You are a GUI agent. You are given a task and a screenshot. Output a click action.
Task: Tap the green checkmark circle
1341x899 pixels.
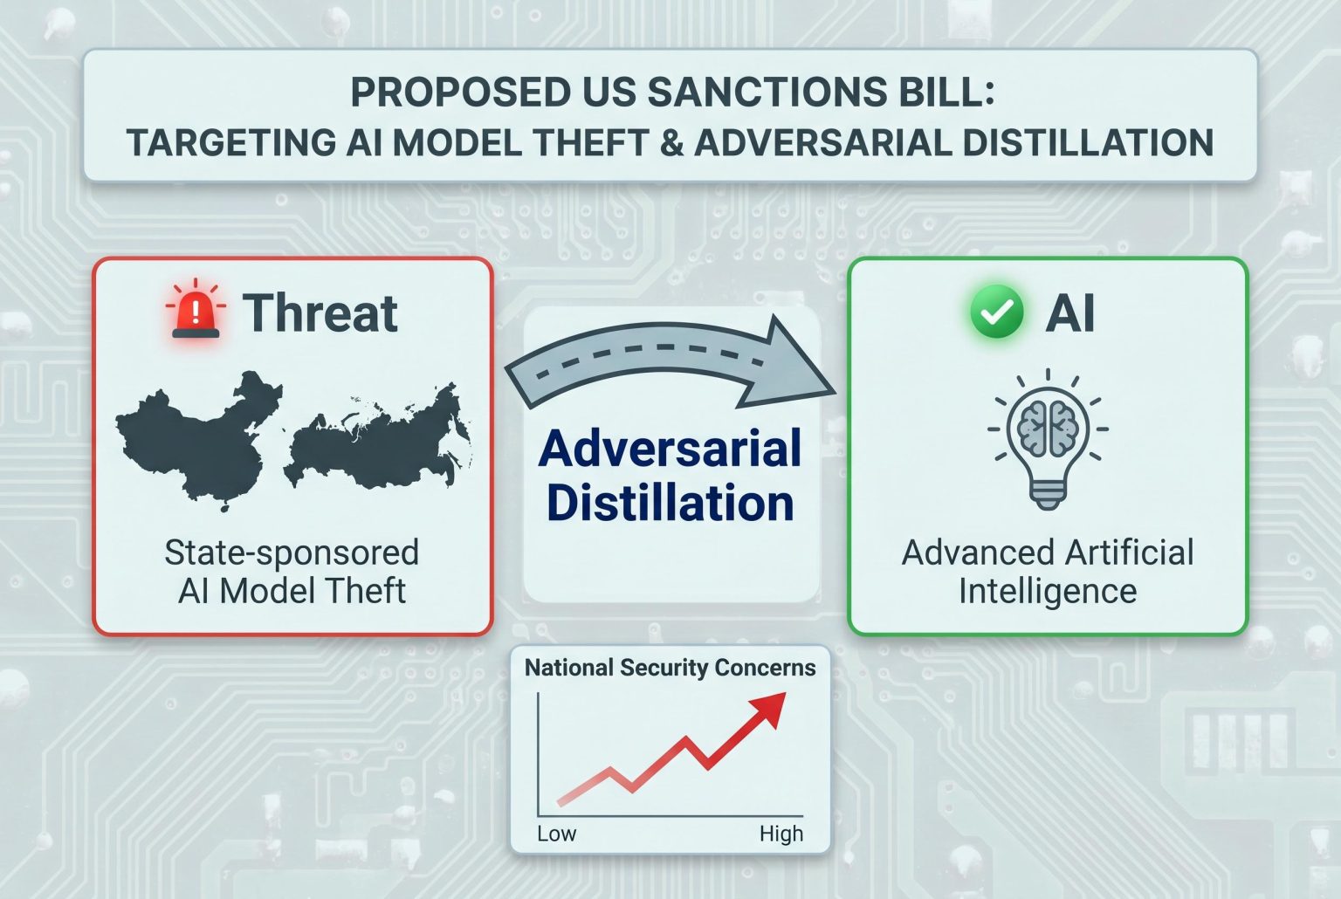[x=996, y=312]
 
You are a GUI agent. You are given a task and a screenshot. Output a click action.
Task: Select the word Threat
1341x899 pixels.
[x=320, y=312]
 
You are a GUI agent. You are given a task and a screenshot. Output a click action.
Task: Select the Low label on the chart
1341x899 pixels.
[x=556, y=834]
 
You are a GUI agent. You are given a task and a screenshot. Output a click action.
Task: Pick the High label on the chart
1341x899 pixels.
[x=781, y=834]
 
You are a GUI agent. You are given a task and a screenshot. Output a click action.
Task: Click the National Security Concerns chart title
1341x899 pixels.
[x=670, y=668]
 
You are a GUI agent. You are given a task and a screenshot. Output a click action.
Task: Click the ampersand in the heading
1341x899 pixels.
[x=671, y=143]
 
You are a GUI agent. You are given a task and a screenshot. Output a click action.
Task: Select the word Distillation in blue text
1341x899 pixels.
[x=670, y=503]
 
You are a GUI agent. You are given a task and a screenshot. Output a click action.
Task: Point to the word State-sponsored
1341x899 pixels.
[x=292, y=553]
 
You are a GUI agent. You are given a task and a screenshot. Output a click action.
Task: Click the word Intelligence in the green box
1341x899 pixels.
[x=1048, y=592]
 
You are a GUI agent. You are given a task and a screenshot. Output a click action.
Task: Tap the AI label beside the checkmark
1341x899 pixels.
[x=1070, y=313]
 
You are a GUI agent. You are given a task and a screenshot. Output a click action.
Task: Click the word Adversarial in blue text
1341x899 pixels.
[x=670, y=448]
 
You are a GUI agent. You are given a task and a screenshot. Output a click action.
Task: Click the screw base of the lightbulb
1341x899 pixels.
[x=1048, y=496]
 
